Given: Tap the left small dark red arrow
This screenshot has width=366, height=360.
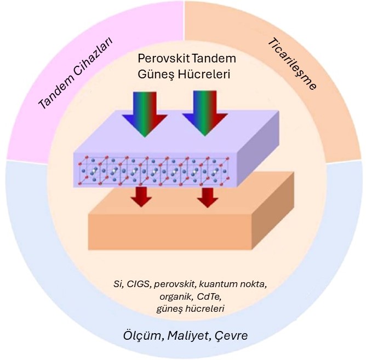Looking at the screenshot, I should point(142,196).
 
